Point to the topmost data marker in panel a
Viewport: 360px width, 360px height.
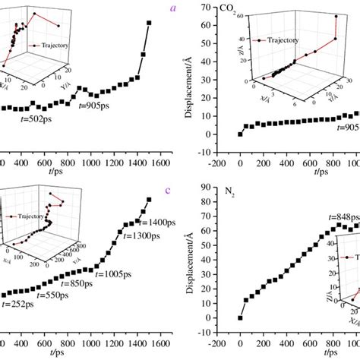[x=149, y=23]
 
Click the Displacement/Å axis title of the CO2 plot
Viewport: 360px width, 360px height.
[x=189, y=84]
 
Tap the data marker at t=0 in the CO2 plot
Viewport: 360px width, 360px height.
[x=240, y=134]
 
